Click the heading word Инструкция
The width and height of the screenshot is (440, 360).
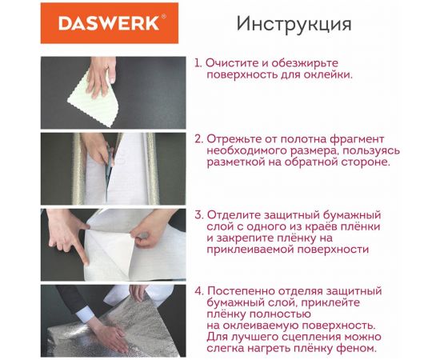[x=294, y=24]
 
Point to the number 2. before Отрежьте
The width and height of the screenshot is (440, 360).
[x=199, y=138]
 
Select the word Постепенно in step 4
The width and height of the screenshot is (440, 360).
[x=246, y=290]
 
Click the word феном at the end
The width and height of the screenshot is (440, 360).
[x=358, y=348]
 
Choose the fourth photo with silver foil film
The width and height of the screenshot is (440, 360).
[x=113, y=319]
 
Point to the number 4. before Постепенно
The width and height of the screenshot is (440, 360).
[x=199, y=290]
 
